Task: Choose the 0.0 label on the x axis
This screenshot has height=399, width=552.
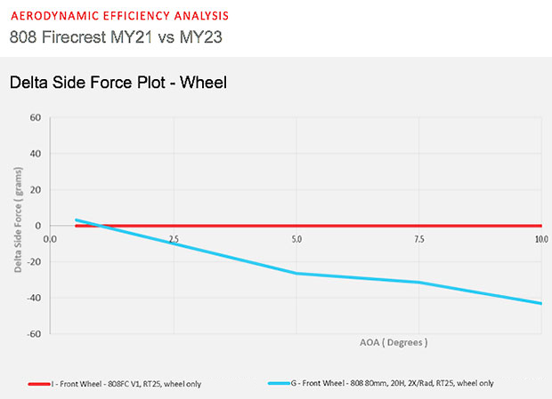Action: [x=50, y=239]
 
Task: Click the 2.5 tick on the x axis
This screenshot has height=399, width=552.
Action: [x=174, y=239]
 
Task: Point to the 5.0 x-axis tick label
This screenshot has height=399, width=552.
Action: [x=296, y=239]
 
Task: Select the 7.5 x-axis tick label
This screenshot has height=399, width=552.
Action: [x=419, y=239]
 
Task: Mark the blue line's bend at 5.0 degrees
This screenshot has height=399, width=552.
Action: [x=296, y=273]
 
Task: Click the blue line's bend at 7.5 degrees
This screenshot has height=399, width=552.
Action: [x=419, y=283]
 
